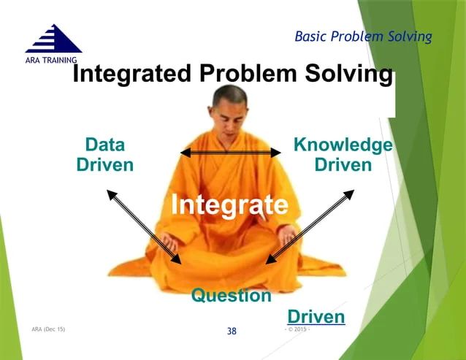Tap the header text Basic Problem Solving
(x=363, y=36)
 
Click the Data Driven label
(x=104, y=154)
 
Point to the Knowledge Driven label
(x=342, y=154)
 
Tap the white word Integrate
(x=229, y=204)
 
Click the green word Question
(x=231, y=296)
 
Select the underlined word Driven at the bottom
(x=316, y=317)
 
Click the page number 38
(x=232, y=332)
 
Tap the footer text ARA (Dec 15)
(x=48, y=330)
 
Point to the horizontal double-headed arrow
(x=231, y=152)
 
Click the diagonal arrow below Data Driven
(x=144, y=226)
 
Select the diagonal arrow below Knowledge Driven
(x=310, y=226)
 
